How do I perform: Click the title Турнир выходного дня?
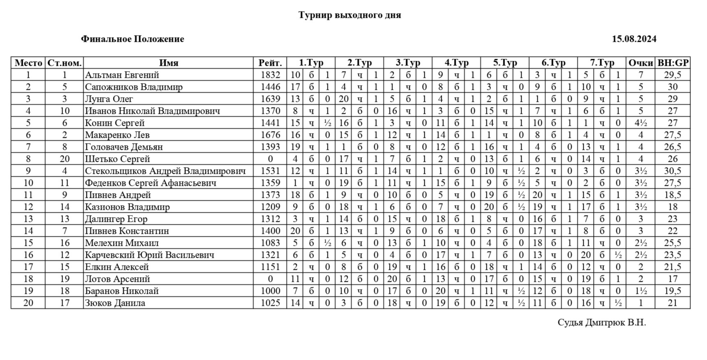point(350,15)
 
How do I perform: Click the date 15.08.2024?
point(634,39)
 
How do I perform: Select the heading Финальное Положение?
point(132,39)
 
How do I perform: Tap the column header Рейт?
point(270,63)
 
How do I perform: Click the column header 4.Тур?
point(456,63)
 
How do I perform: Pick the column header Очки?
point(640,63)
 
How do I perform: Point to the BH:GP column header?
point(673,63)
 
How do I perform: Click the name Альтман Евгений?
point(122,75)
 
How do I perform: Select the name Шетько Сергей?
point(118,159)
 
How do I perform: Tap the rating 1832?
point(270,75)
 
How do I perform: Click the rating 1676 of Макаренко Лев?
point(270,135)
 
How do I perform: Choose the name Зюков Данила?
point(115,303)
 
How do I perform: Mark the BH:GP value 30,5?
point(673,171)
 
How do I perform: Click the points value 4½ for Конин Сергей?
point(640,123)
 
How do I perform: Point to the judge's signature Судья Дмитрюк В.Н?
point(601,323)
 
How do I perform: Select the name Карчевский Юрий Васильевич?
point(149,255)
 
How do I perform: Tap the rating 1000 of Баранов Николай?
point(270,291)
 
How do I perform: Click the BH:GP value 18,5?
point(673,195)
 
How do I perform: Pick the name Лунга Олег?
point(109,99)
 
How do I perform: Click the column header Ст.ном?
point(64,63)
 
